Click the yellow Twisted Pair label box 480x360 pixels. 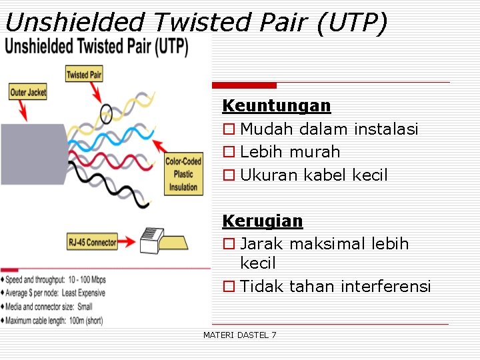(84, 74)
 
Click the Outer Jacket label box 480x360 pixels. (28, 92)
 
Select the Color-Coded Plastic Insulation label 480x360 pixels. (183, 174)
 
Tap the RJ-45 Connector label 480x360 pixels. (92, 242)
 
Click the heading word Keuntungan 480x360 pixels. (276, 105)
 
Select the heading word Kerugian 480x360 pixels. (262, 221)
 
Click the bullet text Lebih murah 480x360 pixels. (290, 152)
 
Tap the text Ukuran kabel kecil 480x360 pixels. (313, 175)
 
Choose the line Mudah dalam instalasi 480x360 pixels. (329, 129)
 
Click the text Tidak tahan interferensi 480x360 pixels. (335, 286)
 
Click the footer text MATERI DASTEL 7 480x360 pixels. (239, 335)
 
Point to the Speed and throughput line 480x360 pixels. (56, 279)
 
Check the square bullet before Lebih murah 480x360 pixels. (229, 152)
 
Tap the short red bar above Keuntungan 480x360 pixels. (244, 85)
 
